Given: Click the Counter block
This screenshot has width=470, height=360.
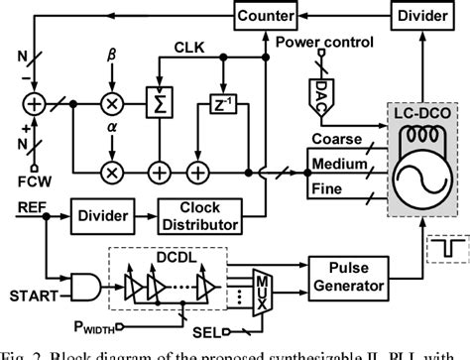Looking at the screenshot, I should (x=266, y=16).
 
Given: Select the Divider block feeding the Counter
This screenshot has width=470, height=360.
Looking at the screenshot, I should (x=420, y=16).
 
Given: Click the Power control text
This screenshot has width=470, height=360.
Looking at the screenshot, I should (x=324, y=44).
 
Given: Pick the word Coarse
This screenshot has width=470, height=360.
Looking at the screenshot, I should (x=335, y=140).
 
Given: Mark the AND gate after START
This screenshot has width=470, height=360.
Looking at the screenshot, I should (x=86, y=285).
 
